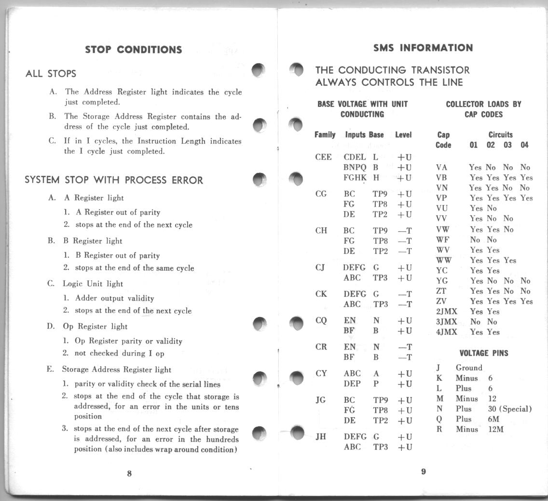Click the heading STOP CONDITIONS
coord(133,50)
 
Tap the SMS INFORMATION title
coord(423,48)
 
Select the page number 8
coord(129,473)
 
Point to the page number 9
coord(423,472)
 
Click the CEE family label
coord(323,157)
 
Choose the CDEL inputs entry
coord(355,157)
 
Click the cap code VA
coord(441,168)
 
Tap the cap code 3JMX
coord(446,322)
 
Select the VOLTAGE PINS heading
coord(484,353)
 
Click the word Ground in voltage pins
coord(469,368)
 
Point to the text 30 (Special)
coord(510,409)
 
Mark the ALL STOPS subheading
coord(51,74)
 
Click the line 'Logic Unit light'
coord(92,284)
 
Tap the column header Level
coord(403,135)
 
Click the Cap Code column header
coord(443,140)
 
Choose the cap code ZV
coord(441,302)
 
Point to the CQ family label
coord(321,320)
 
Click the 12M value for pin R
coord(496,429)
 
